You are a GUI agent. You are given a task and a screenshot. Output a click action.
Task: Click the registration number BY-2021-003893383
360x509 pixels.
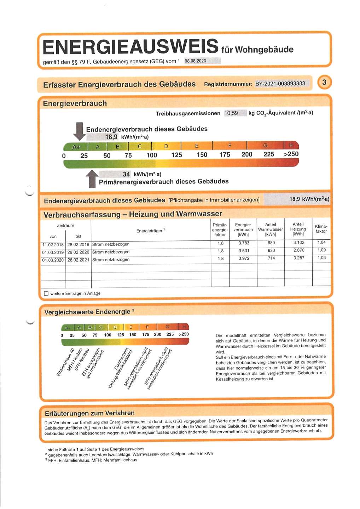[280, 84]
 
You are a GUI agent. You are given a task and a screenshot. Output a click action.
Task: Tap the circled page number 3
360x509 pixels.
[324, 83]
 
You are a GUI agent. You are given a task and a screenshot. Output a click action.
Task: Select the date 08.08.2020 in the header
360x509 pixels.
[196, 61]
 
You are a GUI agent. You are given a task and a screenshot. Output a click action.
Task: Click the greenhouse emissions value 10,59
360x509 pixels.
[231, 113]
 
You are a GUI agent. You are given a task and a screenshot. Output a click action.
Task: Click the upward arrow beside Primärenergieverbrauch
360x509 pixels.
[92, 179]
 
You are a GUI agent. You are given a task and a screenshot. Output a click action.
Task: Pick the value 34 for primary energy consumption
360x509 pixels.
[126, 174]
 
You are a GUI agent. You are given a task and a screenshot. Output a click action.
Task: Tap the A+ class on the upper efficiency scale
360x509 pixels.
[76, 147]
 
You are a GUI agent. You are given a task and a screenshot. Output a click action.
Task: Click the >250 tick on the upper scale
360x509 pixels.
[291, 154]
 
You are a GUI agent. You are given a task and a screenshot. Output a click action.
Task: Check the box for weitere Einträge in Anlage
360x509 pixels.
[46, 293]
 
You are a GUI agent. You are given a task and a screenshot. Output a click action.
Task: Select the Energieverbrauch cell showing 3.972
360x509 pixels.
[244, 258]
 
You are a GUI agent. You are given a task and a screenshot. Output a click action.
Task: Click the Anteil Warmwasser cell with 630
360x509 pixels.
[271, 251]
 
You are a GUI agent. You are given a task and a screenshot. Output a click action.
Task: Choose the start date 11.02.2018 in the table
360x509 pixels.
[53, 245]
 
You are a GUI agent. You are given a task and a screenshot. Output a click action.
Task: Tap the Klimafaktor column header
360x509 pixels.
[321, 229]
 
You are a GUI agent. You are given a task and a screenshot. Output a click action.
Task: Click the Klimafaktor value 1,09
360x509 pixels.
[321, 250]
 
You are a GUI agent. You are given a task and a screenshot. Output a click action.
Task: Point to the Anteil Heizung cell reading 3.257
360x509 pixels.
[298, 258]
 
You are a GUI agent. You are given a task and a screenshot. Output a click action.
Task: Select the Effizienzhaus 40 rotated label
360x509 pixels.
[66, 362]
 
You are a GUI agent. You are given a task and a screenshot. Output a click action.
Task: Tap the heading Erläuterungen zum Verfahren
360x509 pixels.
[89, 413]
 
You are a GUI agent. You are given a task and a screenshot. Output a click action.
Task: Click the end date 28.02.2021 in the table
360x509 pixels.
[78, 260]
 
